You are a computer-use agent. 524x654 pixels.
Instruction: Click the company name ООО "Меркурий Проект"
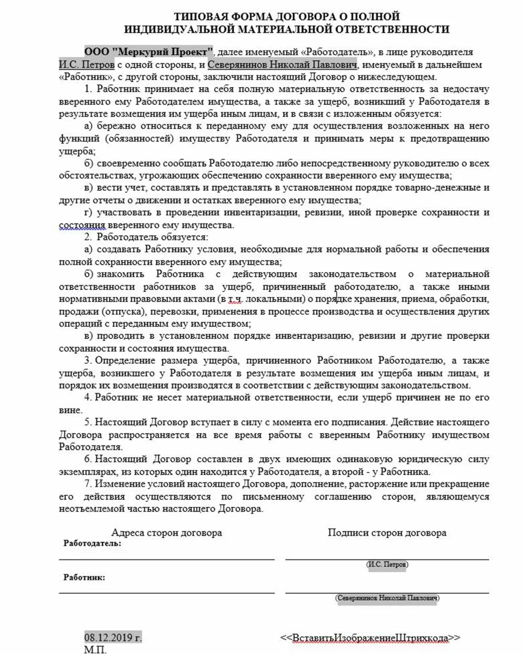click(148, 52)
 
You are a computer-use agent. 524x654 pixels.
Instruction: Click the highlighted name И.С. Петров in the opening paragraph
click(86, 65)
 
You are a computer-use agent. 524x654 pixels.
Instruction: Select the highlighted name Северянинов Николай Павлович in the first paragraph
click(282, 65)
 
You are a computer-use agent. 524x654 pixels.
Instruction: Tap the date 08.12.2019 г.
click(113, 637)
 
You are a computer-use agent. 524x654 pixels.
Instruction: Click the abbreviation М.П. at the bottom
click(95, 650)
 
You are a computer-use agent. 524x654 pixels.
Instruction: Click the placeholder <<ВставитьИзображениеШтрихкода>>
click(370, 637)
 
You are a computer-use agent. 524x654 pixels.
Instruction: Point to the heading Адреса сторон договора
click(166, 532)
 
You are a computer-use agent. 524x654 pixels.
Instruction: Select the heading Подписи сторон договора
click(387, 532)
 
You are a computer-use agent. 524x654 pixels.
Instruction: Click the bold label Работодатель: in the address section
click(92, 543)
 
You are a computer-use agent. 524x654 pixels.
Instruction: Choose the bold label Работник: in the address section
click(84, 577)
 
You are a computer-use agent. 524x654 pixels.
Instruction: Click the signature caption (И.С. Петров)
click(387, 564)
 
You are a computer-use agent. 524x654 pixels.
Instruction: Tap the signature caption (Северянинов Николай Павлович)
click(387, 598)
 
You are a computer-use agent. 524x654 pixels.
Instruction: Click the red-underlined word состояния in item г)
click(82, 225)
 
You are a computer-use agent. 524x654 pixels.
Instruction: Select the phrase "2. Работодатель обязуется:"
click(146, 237)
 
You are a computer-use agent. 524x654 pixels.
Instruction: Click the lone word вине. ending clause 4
click(70, 410)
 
